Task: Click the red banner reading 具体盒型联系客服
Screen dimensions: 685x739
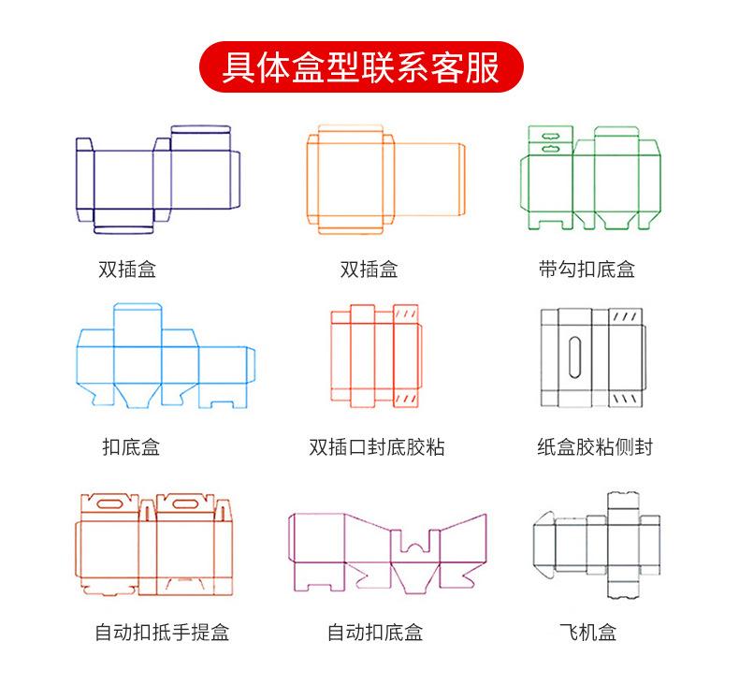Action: point(360,67)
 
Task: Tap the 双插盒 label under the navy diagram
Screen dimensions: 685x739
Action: point(127,270)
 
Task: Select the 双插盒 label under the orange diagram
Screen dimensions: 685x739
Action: point(369,270)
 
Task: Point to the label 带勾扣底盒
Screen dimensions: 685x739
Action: point(587,270)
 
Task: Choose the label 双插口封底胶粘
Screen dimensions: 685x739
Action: point(376,447)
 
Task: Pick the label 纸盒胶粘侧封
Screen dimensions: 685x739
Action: point(594,447)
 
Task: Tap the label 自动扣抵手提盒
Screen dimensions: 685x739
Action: point(161,633)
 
